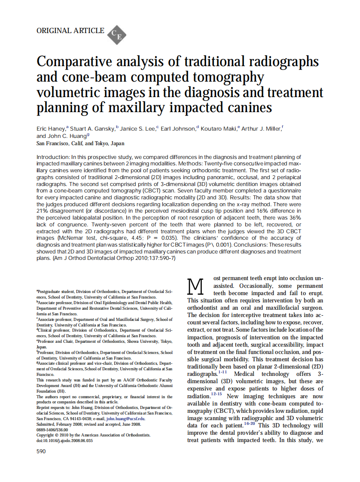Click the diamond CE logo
(116, 34)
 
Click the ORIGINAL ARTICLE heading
(70, 31)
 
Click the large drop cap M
(195, 285)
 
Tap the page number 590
(41, 451)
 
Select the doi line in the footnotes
(64, 440)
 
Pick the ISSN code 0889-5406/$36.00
(52, 429)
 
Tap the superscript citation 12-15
(216, 394)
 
